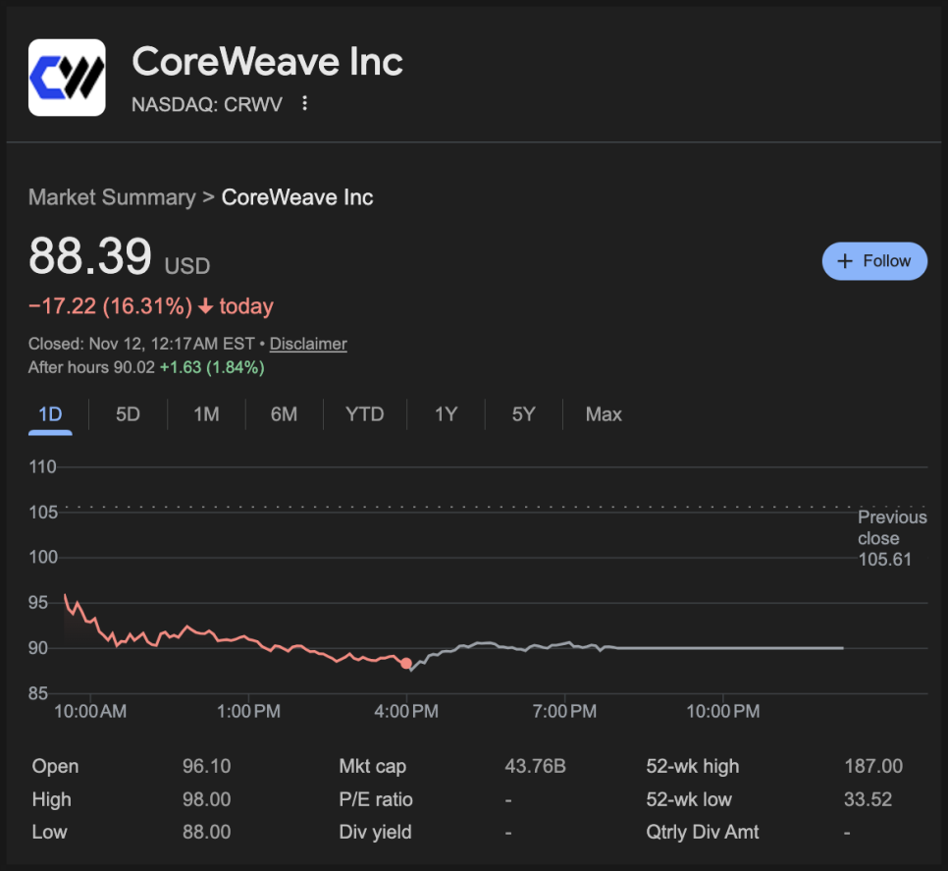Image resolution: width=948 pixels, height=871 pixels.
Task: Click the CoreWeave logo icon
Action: pos(67,78)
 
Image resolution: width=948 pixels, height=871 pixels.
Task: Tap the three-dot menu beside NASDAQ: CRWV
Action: pos(305,103)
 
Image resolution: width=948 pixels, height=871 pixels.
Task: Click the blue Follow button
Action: pos(874,261)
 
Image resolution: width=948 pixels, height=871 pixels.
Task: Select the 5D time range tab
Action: pos(128,414)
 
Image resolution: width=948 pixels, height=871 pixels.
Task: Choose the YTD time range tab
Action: pos(364,414)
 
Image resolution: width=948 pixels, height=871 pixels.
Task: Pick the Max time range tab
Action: pos(604,414)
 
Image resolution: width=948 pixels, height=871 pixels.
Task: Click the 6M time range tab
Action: pos(284,414)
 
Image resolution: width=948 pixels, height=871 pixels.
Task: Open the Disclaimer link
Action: pos(308,344)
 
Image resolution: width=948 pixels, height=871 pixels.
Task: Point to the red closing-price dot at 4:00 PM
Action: pos(406,664)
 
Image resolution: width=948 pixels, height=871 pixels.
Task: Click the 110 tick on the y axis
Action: pos(43,466)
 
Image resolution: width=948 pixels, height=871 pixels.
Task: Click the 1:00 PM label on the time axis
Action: pos(248,711)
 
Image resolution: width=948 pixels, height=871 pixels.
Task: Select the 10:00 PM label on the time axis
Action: pos(722,711)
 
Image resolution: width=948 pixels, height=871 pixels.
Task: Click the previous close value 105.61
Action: pos(884,560)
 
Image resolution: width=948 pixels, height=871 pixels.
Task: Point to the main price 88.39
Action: pos(90,257)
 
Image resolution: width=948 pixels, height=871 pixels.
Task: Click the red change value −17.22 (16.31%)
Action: pos(111,306)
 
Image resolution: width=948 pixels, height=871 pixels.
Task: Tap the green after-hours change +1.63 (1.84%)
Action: pos(212,368)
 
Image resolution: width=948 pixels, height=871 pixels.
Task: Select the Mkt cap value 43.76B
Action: pos(535,767)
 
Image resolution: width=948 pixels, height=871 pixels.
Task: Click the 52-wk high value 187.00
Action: pos(872,767)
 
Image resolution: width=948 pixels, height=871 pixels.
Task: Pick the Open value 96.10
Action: pos(206,767)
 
